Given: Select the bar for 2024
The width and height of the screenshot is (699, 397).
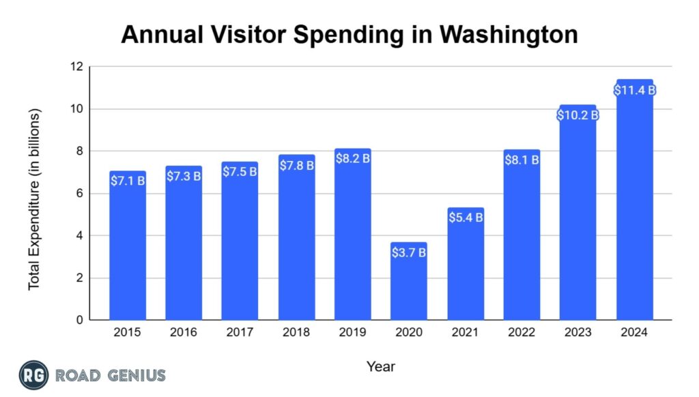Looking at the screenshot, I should click(634, 205).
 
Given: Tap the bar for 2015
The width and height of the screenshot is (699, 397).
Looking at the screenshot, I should click(128, 249).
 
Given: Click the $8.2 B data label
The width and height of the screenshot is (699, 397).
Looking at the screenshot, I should click(352, 158).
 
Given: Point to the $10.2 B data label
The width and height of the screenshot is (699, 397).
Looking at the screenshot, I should click(577, 115).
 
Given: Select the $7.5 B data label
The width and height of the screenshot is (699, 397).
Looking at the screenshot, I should click(240, 171).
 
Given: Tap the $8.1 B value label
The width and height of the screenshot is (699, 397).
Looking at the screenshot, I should click(522, 160).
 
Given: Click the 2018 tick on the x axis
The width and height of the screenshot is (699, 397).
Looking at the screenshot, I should click(296, 332).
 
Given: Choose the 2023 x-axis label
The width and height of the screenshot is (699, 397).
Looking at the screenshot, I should click(577, 332).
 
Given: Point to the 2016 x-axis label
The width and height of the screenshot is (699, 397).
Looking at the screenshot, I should click(184, 332).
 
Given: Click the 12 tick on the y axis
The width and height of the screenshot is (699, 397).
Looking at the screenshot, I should click(76, 67).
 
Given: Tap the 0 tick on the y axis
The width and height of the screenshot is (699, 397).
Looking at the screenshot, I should click(79, 320).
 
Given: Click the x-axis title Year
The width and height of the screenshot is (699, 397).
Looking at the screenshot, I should click(381, 366).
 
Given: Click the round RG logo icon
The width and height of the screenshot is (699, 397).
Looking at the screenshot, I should click(33, 376).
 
